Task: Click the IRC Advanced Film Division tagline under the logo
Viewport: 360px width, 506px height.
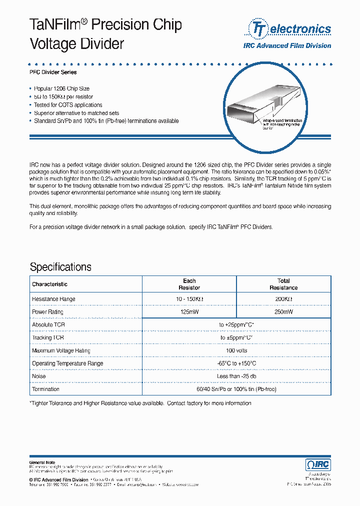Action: [x=287, y=45]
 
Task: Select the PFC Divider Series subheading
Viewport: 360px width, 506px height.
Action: [x=53, y=72]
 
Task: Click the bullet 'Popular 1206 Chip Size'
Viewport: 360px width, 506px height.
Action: [x=61, y=88]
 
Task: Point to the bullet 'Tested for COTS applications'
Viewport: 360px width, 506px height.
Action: [x=67, y=105]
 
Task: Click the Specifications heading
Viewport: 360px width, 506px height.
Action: [x=60, y=266]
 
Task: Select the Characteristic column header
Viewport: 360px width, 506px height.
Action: [x=49, y=284]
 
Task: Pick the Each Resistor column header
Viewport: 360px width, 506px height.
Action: [x=189, y=284]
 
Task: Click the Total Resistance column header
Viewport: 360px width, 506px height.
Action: [x=283, y=284]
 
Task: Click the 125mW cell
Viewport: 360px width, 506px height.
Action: [x=189, y=312]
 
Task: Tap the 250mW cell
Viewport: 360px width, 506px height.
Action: [x=283, y=312]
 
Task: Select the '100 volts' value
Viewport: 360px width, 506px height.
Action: [x=236, y=350]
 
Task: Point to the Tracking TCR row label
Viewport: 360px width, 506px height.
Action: [x=48, y=337]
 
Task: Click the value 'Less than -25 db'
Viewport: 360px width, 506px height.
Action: [x=236, y=376]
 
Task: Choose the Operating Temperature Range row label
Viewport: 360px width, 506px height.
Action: [x=67, y=363]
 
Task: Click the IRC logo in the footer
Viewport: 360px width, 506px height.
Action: [x=318, y=464]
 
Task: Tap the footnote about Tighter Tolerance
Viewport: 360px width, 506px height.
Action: [x=140, y=403]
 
